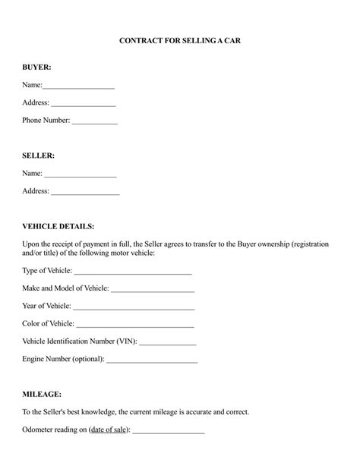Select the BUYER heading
tap(36, 67)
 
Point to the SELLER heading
tap(38, 155)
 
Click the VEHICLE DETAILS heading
tap(58, 226)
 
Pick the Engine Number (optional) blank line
tap(152, 361)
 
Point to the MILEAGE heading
tap(43, 395)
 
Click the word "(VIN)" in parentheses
tap(127, 341)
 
